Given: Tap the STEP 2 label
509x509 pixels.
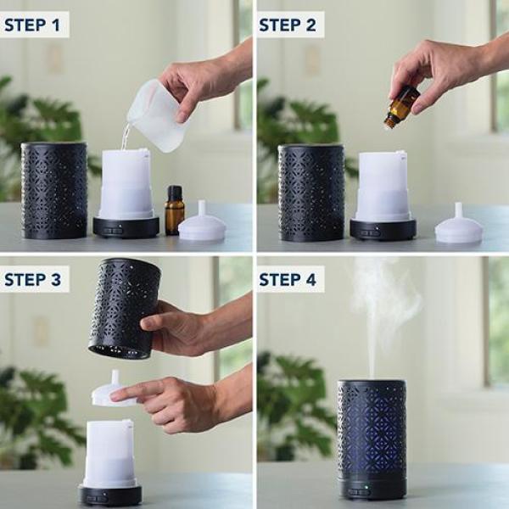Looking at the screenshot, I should click(x=288, y=25).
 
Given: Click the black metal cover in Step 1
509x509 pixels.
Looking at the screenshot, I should click(x=54, y=190).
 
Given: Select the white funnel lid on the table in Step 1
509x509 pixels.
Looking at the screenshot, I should click(x=202, y=225).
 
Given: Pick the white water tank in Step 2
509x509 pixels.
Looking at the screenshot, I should click(x=383, y=186).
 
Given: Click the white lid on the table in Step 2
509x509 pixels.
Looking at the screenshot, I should click(x=459, y=227).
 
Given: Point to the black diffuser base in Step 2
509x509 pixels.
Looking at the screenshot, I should click(x=383, y=229).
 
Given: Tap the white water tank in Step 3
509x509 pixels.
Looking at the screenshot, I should click(x=109, y=453).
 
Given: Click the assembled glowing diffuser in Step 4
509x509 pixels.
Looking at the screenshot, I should click(x=372, y=437).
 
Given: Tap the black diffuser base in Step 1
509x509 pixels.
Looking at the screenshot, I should click(x=126, y=227).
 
